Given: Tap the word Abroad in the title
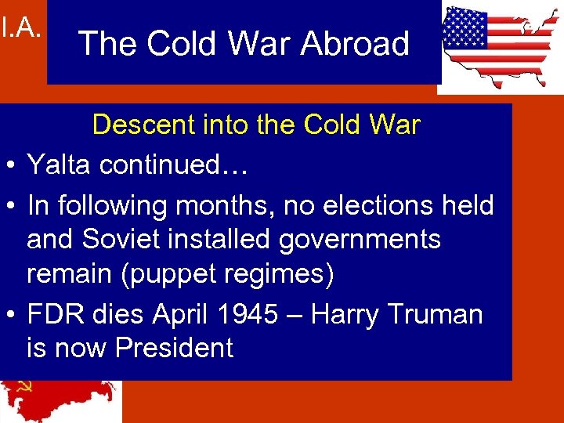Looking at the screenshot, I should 355,43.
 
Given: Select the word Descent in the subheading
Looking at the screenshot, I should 139,125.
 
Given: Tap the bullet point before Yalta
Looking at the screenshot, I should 12,165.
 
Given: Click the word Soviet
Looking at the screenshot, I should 128,238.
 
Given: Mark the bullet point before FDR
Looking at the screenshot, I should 12,315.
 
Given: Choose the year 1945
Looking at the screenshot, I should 250,314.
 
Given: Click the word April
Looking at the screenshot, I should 182,314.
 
